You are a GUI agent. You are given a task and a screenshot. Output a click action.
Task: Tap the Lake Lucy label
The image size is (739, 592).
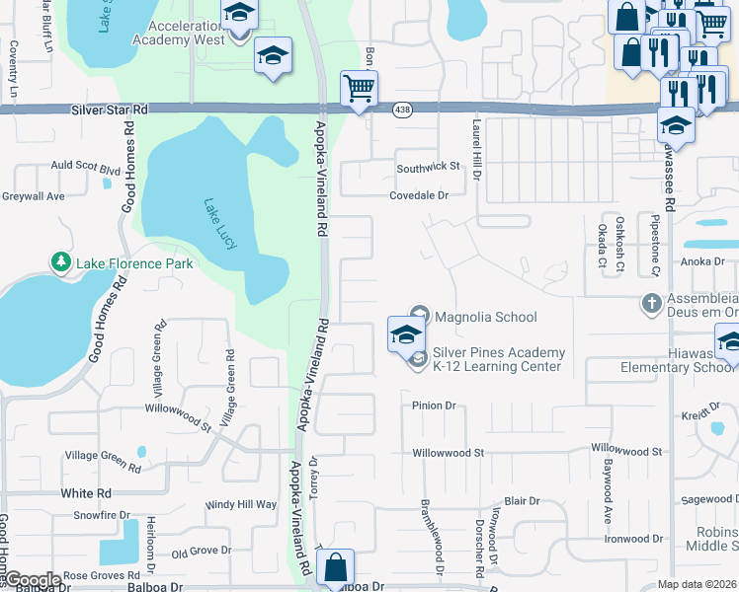[218, 224]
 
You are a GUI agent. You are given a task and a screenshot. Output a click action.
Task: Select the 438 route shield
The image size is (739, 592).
[402, 108]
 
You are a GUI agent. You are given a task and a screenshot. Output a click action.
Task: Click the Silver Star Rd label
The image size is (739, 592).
[109, 111]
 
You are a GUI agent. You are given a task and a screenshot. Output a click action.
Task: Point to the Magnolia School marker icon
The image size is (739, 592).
[418, 316]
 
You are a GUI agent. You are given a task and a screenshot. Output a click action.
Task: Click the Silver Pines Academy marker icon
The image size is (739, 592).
[418, 359]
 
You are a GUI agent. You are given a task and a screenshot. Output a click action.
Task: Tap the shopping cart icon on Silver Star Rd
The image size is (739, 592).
[359, 88]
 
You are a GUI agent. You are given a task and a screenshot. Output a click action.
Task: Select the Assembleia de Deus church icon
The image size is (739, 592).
[651, 302]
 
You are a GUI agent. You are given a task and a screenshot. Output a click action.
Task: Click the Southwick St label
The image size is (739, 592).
[430, 168]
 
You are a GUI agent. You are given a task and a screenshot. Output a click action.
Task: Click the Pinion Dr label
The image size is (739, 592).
[434, 406]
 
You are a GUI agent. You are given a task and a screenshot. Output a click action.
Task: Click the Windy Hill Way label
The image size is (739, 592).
[241, 504]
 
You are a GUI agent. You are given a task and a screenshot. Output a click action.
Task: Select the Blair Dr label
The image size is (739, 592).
[522, 501]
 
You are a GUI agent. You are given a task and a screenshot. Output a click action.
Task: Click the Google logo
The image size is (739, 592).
[32, 580]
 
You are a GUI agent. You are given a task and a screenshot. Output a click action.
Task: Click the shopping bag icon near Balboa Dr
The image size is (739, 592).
[336, 567]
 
